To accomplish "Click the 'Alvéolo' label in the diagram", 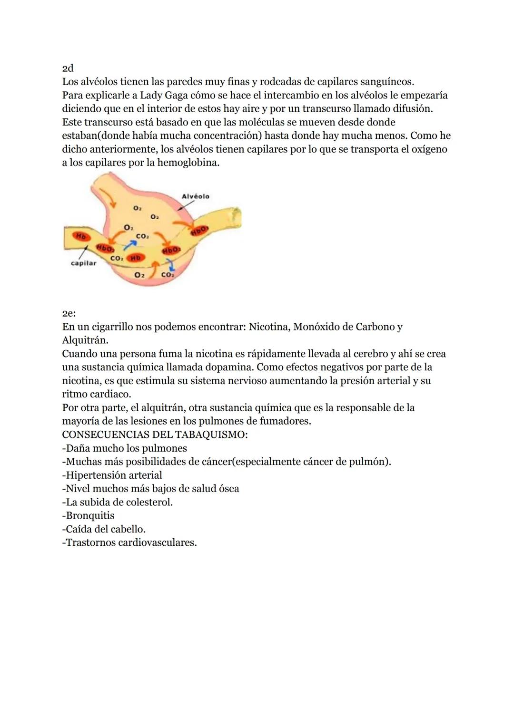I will coord(195,196).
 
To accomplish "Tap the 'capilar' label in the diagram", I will coord(83,263).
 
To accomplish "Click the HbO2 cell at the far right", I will coord(200,231).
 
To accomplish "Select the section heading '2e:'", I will coord(69,313).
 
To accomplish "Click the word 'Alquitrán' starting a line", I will coord(84,340).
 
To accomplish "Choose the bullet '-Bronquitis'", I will coord(88,516).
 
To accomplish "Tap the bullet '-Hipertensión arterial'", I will coord(112,475).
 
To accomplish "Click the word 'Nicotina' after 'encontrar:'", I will coord(268,327).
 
